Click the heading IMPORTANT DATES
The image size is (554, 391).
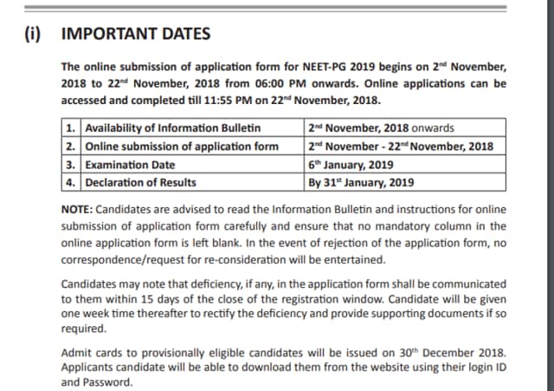[136, 34]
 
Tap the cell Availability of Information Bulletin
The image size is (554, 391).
[173, 128]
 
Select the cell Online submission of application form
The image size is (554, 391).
[182, 147]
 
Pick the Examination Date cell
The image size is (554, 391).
[130, 165]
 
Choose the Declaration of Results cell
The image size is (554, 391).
[140, 182]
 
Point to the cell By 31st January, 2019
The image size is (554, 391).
[361, 182]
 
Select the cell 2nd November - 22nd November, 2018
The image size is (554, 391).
[400, 147]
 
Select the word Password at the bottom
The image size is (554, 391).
[106, 381]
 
